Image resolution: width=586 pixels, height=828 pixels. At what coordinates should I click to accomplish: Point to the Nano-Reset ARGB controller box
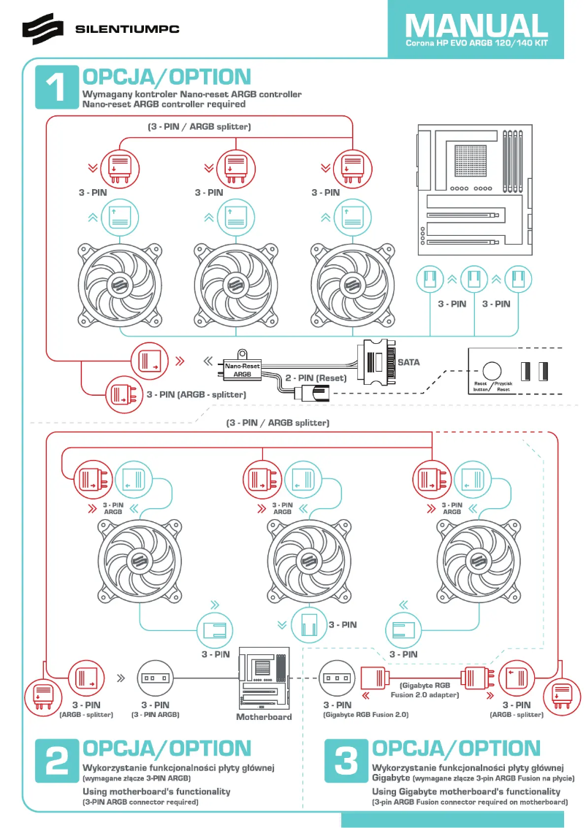[x=242, y=369]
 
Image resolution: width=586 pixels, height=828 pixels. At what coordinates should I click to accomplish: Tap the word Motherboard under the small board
[x=264, y=716]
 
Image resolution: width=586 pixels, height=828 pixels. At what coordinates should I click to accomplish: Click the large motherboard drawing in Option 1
[x=474, y=190]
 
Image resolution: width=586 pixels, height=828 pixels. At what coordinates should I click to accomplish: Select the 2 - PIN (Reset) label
[x=315, y=378]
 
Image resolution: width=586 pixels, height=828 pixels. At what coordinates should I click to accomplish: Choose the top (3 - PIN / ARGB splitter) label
[x=199, y=127]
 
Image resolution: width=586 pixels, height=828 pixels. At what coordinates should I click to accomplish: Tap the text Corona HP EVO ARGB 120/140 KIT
[x=476, y=45]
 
